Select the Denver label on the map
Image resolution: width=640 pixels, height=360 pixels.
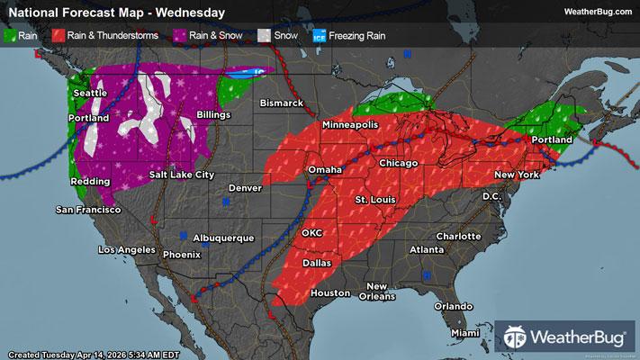[245, 188]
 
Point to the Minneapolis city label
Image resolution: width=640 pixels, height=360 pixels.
[358, 125]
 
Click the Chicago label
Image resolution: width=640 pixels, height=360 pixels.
[400, 163]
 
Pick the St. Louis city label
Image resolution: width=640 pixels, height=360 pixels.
[374, 198]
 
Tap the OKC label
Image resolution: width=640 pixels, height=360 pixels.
[312, 233]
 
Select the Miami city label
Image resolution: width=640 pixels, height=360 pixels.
[466, 333]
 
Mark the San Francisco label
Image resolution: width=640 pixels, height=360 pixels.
[88, 210]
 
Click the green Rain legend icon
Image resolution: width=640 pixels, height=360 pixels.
[11, 36]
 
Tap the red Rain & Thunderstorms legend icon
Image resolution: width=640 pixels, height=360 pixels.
[59, 36]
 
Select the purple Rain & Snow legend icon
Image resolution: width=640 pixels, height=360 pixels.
[182, 36]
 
